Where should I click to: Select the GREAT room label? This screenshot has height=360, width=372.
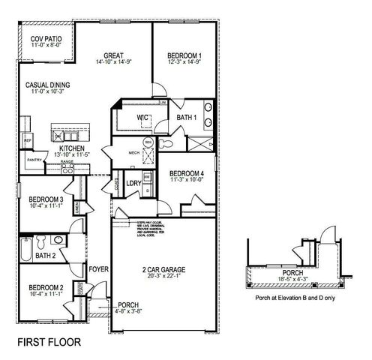[114, 55]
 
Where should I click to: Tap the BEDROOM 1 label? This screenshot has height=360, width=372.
[183, 55]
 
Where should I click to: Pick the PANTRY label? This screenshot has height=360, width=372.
[34, 159]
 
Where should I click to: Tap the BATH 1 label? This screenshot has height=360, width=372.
[186, 117]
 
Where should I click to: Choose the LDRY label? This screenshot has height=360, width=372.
[134, 182]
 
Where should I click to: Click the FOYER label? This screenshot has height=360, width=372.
[99, 268]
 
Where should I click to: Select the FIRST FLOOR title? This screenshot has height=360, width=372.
[48, 341]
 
